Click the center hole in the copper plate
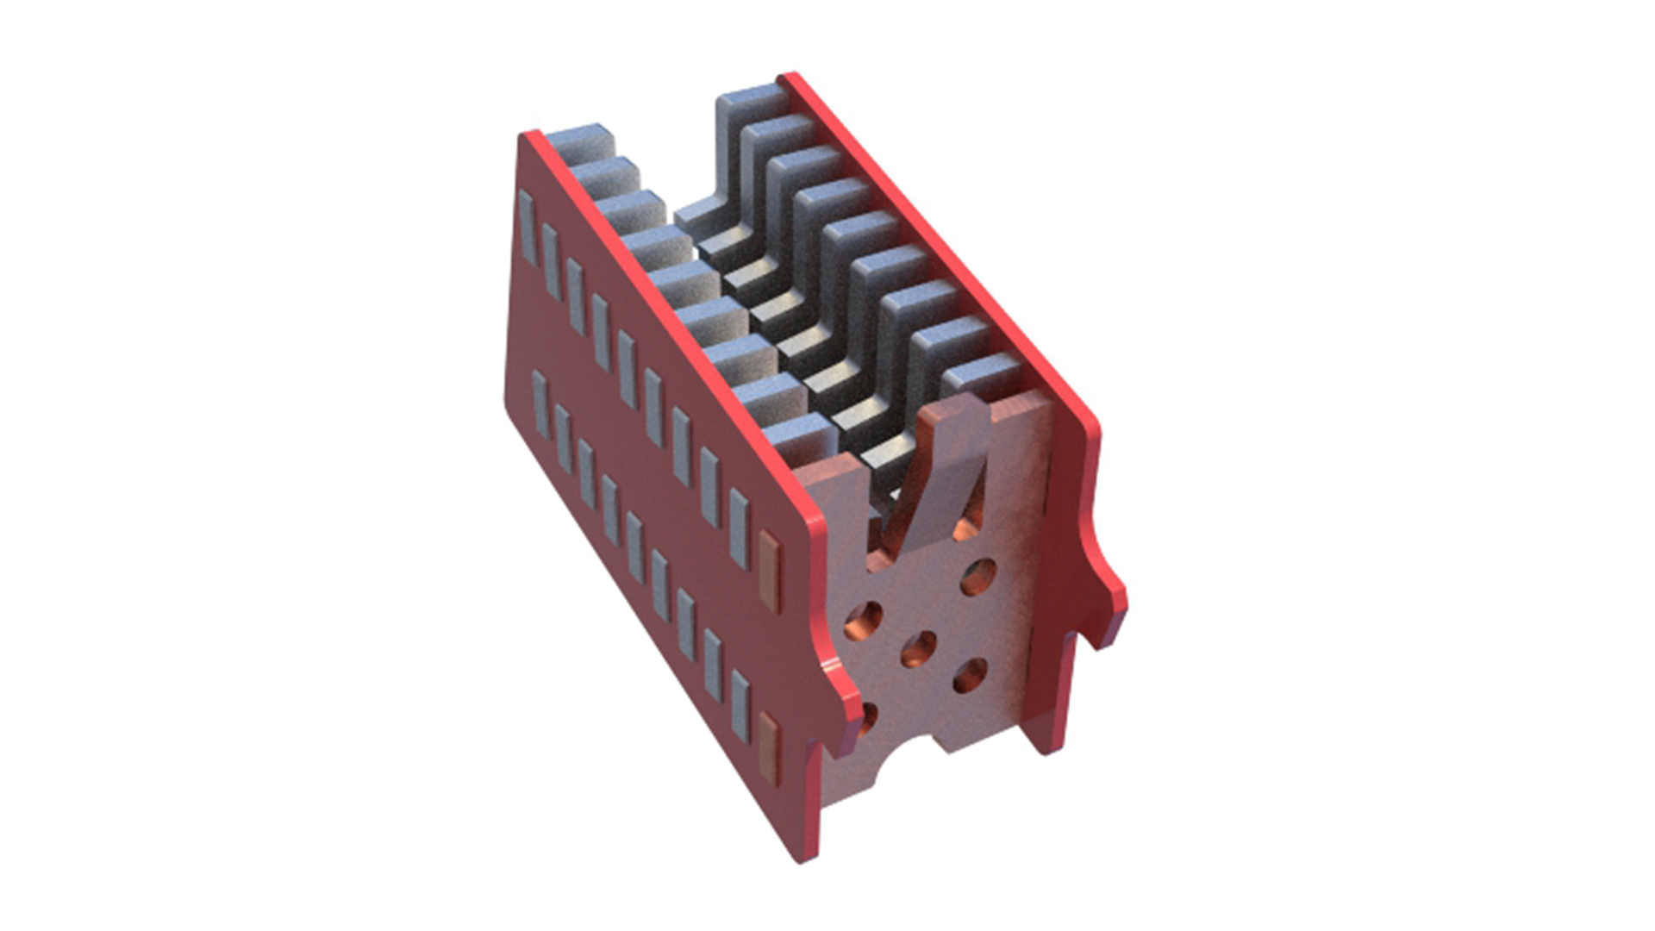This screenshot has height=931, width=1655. pos(919,648)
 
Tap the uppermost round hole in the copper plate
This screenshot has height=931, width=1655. pos(978,576)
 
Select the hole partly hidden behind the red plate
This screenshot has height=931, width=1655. pos(866,718)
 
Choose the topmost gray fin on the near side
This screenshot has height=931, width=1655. pos(576,142)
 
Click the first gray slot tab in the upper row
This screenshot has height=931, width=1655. pos(527,216)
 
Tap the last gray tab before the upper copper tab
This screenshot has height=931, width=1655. pos(739,528)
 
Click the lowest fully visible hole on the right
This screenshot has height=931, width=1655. pos(971,677)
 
